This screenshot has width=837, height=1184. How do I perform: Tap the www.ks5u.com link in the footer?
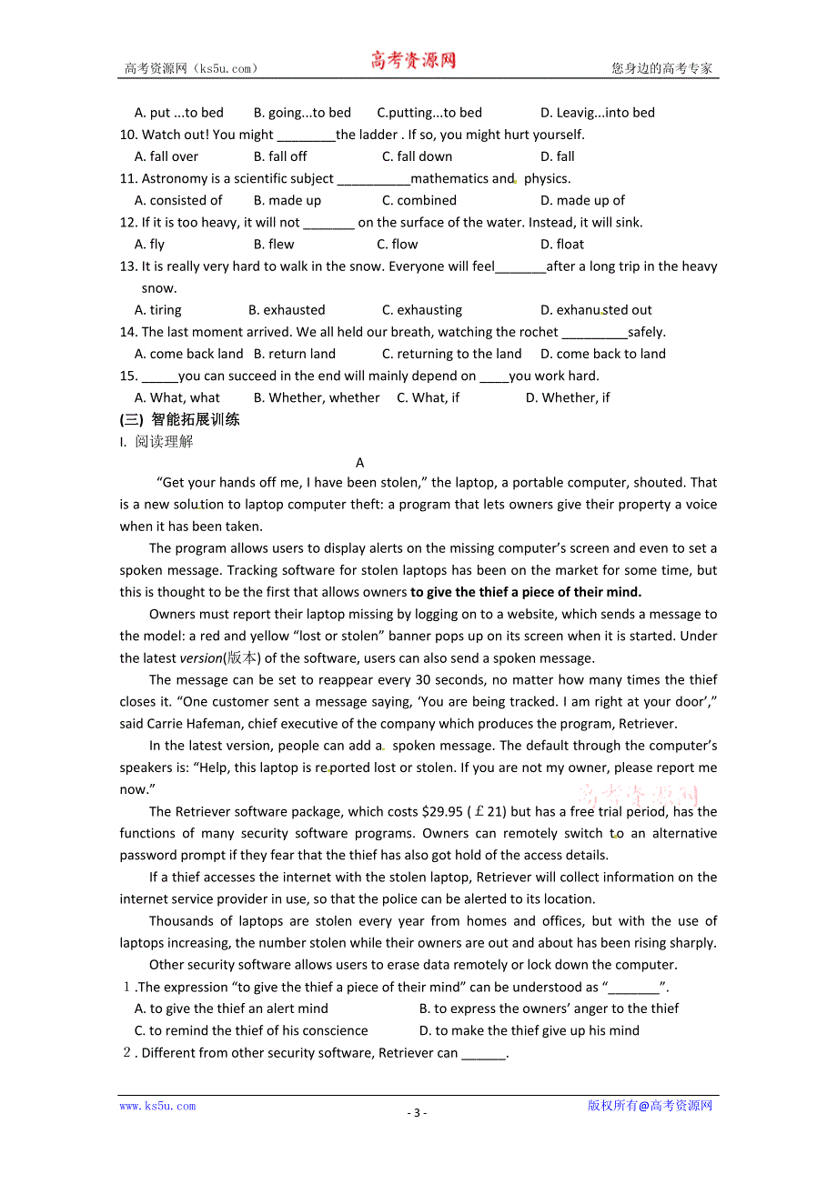pyautogui.click(x=157, y=1106)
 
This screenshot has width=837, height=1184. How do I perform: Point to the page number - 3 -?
pyautogui.click(x=417, y=1112)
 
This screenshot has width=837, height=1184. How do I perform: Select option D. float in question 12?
pyautogui.click(x=562, y=244)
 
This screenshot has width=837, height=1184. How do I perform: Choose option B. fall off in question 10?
pyautogui.click(x=280, y=156)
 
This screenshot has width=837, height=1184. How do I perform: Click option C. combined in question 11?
pyautogui.click(x=418, y=200)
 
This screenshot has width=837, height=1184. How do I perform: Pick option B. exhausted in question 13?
pyautogui.click(x=287, y=310)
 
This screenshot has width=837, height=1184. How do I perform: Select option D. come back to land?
pyautogui.click(x=602, y=354)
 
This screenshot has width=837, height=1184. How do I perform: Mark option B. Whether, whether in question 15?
pyautogui.click(x=317, y=397)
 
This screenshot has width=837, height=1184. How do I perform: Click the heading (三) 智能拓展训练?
pyautogui.click(x=180, y=419)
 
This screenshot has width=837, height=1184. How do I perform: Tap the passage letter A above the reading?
pyautogui.click(x=360, y=463)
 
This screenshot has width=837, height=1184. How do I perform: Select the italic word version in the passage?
pyautogui.click(x=201, y=658)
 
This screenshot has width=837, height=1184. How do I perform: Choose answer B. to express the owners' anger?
pyautogui.click(x=549, y=1008)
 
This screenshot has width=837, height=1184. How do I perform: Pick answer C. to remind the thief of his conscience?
pyautogui.click(x=251, y=1030)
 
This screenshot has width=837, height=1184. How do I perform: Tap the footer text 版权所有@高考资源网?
pyautogui.click(x=650, y=1106)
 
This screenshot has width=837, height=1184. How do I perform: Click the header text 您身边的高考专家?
pyautogui.click(x=661, y=68)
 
